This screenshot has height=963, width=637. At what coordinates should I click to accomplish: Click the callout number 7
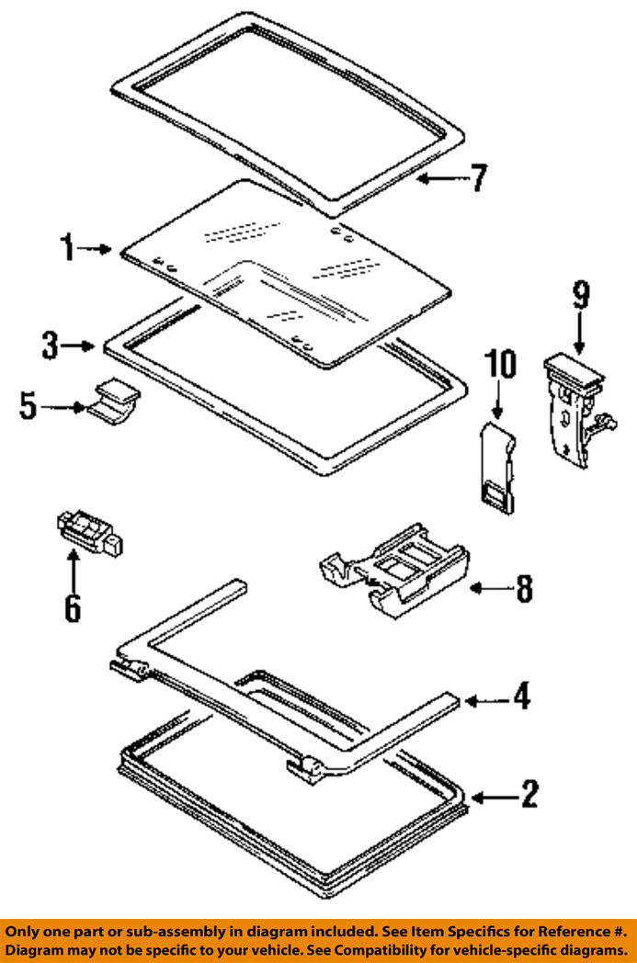click(477, 177)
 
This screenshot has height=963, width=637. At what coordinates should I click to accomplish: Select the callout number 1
click(66, 247)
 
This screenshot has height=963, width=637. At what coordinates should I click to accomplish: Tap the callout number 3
click(50, 346)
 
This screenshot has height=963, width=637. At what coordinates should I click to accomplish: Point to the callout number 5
click(28, 405)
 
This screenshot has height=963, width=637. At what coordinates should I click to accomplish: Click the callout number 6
click(72, 607)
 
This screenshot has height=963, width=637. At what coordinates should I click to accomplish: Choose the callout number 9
click(580, 296)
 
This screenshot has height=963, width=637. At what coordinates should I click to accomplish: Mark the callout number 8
click(523, 588)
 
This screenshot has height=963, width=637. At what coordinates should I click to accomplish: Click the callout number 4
click(521, 697)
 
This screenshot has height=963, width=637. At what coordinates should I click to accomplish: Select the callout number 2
click(528, 793)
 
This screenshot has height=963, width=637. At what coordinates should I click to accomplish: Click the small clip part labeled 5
click(116, 402)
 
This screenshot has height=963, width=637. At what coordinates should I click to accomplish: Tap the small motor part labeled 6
click(89, 533)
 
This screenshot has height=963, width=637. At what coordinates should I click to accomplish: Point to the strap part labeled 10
click(499, 464)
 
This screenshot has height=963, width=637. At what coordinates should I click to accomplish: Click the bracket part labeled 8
click(394, 569)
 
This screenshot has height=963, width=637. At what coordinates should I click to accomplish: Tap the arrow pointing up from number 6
click(73, 567)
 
